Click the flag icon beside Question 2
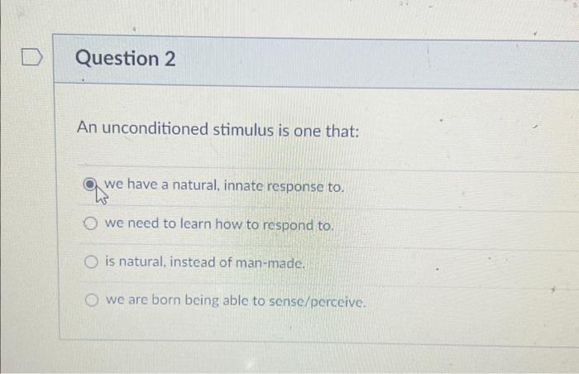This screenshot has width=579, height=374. click(31, 59)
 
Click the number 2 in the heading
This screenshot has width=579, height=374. click(169, 59)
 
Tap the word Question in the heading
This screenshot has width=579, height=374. click(117, 59)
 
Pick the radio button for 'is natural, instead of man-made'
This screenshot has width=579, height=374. click(92, 262)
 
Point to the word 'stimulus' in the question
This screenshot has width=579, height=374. click(242, 130)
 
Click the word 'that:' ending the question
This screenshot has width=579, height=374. click(343, 130)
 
